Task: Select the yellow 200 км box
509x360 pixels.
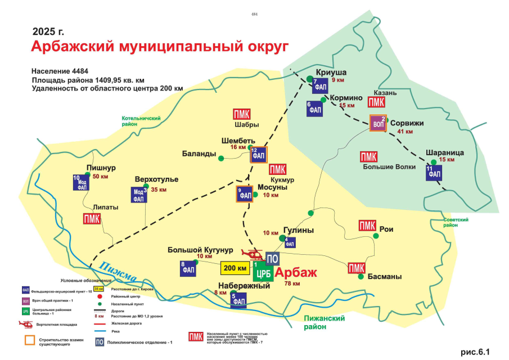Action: [x=235, y=268]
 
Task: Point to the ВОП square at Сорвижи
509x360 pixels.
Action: [x=378, y=123]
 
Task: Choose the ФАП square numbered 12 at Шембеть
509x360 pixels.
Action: [x=258, y=154]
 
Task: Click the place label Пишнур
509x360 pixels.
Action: [x=101, y=168]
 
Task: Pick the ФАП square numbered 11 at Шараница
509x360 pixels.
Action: [x=434, y=173]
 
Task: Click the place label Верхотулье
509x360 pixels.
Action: [x=156, y=179]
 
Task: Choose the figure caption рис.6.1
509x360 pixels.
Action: [x=476, y=352]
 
